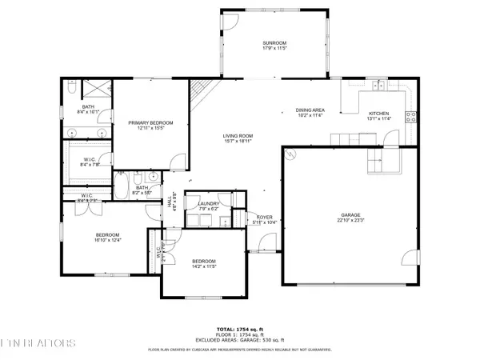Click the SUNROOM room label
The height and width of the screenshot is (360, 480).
274,42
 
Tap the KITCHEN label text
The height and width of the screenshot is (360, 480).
378,114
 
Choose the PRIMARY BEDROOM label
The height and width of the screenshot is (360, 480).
150,122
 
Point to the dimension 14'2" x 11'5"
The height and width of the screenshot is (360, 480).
203,266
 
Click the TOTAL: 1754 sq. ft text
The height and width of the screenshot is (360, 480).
240,329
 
